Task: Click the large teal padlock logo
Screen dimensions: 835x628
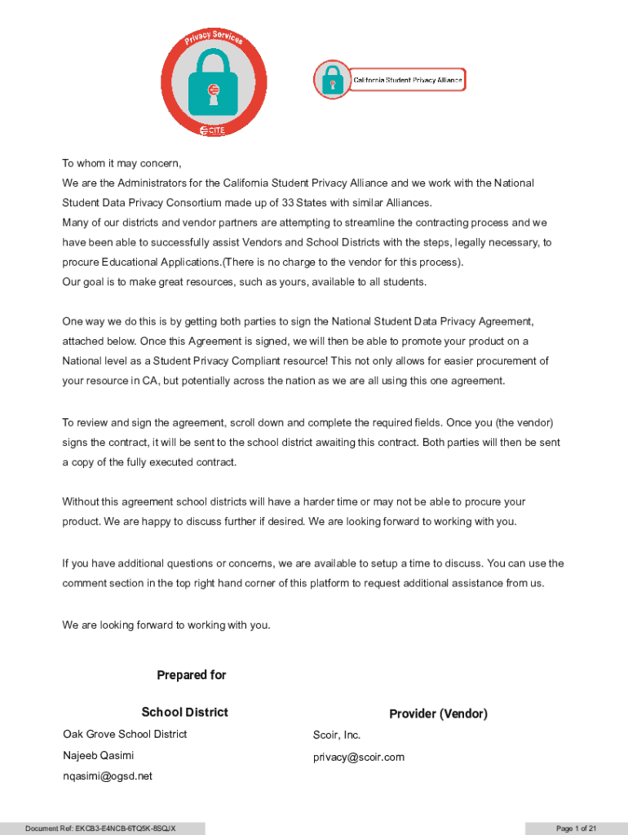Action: [214, 84]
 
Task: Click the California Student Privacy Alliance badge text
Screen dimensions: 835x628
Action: [407, 80]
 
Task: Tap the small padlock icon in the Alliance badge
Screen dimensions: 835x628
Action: [331, 80]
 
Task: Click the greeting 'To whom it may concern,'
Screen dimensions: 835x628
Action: [122, 163]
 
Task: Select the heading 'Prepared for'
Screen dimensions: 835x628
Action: [191, 675]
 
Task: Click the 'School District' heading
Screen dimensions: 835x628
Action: [184, 712]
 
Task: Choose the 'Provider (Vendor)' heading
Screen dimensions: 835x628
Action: [438, 714]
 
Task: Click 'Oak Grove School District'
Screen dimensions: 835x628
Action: [125, 734]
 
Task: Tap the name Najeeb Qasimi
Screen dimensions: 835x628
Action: [99, 755]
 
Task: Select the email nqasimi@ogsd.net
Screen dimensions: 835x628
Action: [108, 776]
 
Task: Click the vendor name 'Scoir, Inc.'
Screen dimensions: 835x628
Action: [337, 735]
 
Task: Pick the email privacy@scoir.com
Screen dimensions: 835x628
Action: [359, 757]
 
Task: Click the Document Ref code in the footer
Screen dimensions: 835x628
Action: [100, 828]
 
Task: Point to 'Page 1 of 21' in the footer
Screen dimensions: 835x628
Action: [577, 828]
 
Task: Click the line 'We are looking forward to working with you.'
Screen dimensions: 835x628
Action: [166, 625]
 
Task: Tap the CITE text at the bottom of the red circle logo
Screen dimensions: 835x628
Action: [214, 130]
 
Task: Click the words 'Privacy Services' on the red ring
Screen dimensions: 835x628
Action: [214, 37]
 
